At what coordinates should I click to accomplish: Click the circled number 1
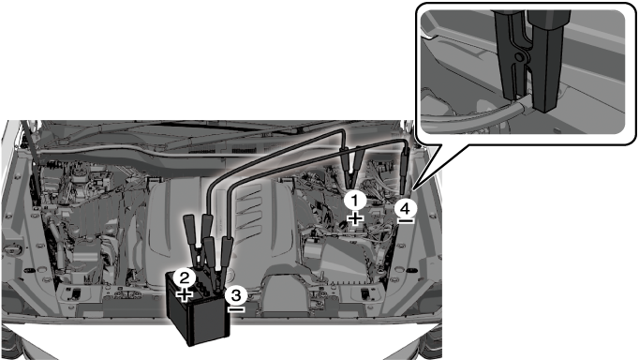(355, 201)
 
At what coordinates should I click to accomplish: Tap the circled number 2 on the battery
(185, 278)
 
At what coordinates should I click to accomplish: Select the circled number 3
(236, 295)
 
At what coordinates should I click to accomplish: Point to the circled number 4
(406, 209)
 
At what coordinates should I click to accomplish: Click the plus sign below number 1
(355, 218)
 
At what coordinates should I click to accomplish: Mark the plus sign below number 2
(185, 294)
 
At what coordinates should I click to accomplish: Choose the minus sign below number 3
(236, 309)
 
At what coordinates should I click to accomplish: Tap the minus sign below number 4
(406, 221)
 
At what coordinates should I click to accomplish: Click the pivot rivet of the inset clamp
(520, 57)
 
